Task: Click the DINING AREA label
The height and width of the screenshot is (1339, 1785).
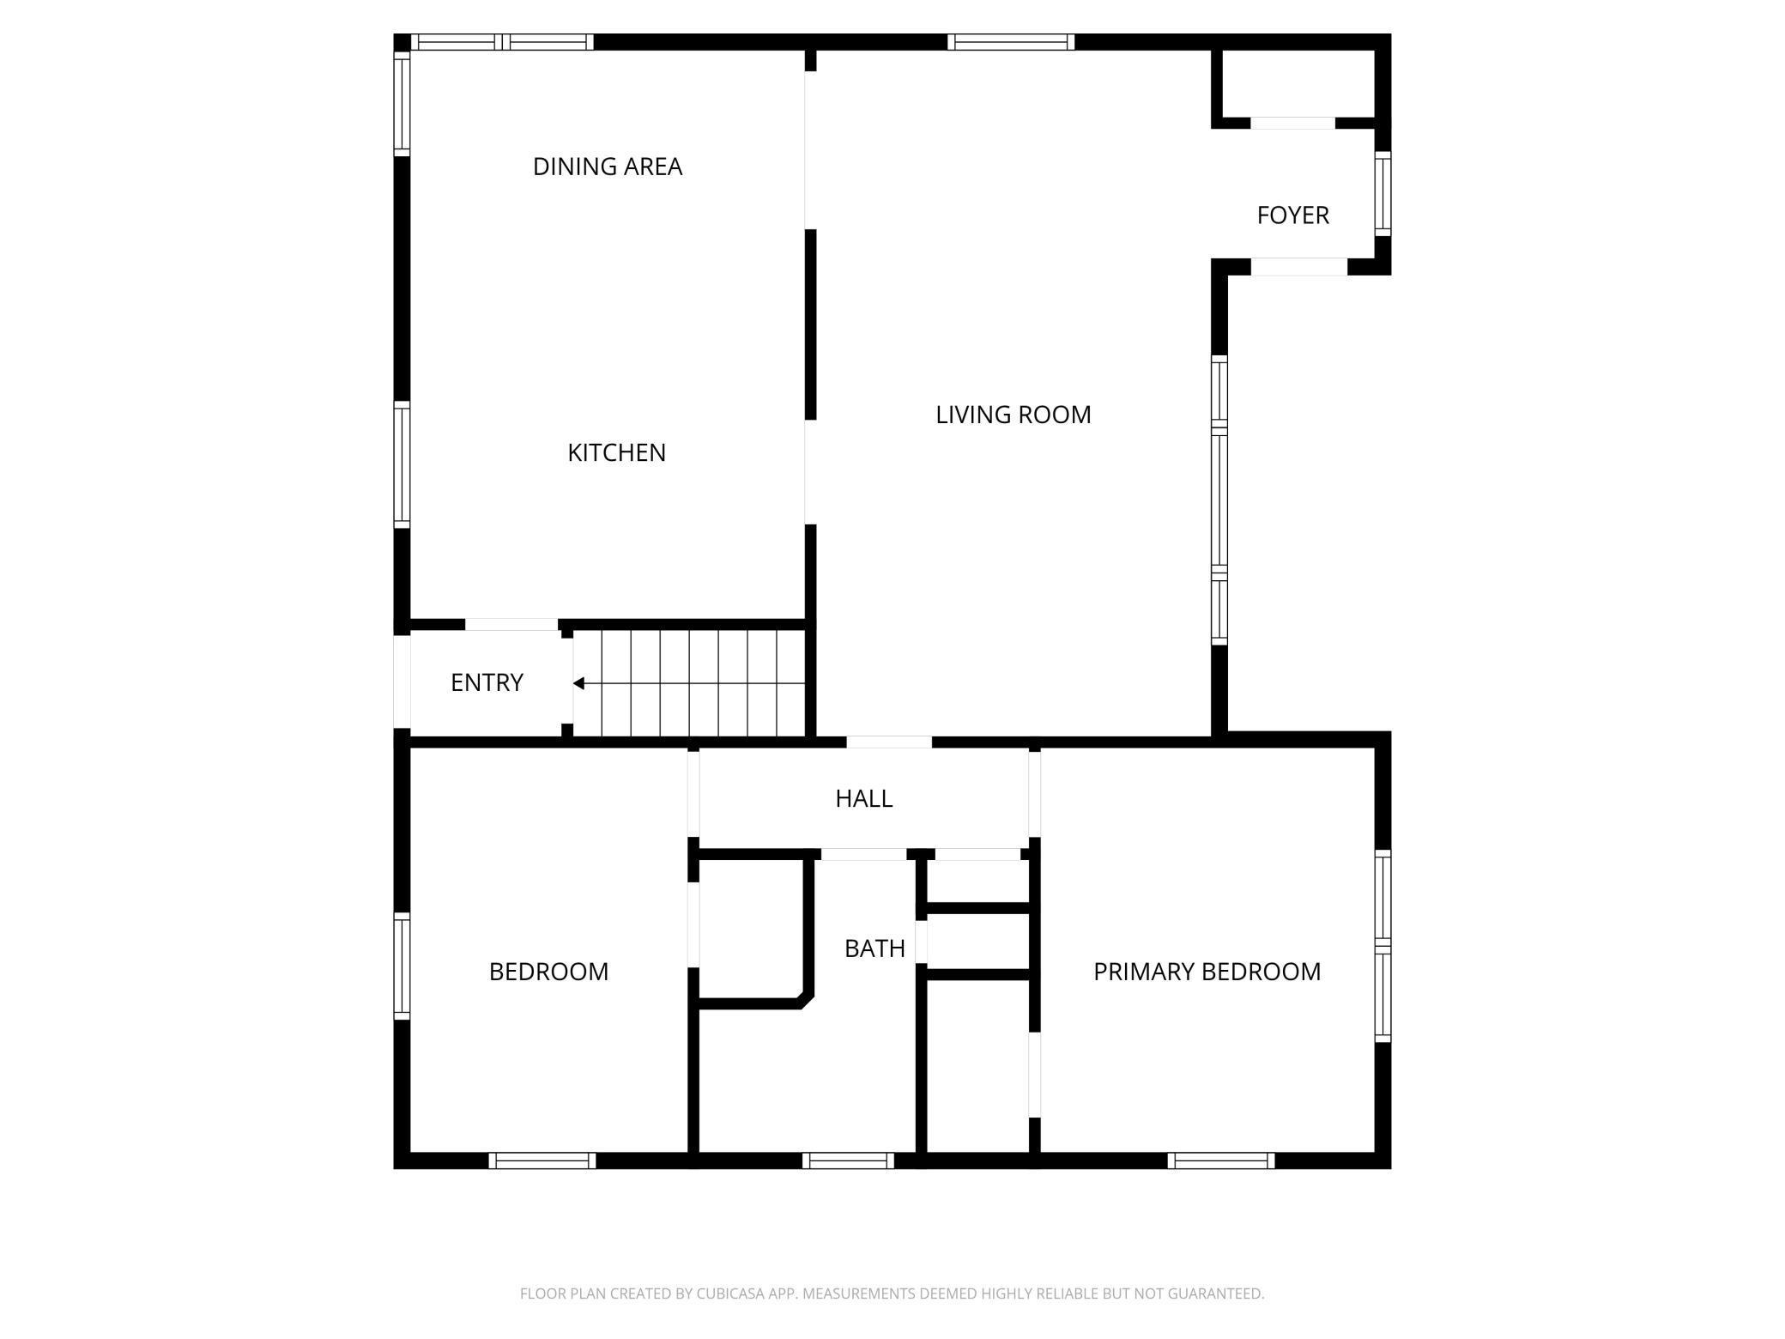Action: (608, 167)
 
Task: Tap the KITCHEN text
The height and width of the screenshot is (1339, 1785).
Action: (616, 452)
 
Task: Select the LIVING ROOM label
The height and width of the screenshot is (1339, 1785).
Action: (1013, 415)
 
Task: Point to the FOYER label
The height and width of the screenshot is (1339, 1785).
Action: (1292, 215)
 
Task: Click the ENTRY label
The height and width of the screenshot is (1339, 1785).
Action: (487, 682)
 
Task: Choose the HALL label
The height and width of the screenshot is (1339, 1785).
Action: (863, 798)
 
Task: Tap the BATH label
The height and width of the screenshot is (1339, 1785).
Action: (874, 948)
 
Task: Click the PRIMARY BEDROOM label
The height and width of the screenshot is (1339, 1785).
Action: (1207, 972)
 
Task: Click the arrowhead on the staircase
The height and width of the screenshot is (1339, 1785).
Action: (579, 684)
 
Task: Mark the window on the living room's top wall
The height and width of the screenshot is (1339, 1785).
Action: (1011, 42)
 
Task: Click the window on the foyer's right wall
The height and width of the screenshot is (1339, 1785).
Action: (1382, 194)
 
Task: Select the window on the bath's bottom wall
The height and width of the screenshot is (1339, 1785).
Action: (848, 1160)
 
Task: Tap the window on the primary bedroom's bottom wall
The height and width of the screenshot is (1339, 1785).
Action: (1220, 1160)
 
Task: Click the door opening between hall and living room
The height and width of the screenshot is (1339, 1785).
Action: (889, 742)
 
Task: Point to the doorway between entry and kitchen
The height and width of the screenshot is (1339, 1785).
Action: (511, 625)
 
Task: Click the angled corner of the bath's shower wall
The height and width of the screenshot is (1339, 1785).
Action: (806, 1000)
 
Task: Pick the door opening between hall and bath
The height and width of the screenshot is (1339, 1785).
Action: (863, 854)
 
